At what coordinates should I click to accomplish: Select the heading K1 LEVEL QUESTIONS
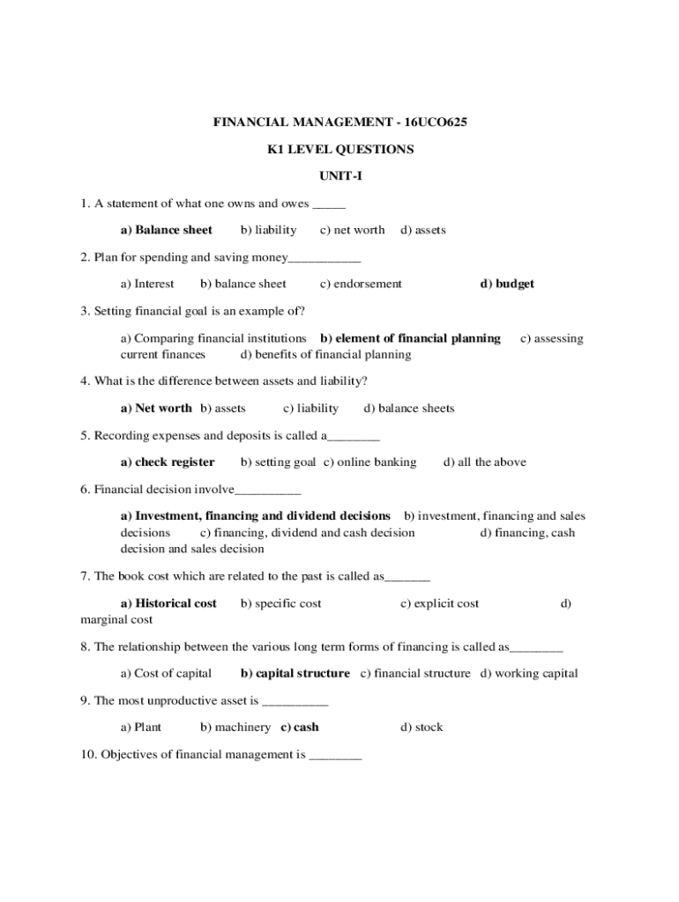pyautogui.click(x=340, y=150)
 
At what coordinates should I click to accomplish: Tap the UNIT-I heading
pyautogui.click(x=340, y=176)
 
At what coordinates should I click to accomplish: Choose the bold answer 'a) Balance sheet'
pyautogui.click(x=167, y=230)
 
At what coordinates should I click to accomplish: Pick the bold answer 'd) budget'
pyautogui.click(x=507, y=284)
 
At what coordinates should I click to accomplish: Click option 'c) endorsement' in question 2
pyautogui.click(x=361, y=284)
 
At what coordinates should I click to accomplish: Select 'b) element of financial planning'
pyautogui.click(x=410, y=338)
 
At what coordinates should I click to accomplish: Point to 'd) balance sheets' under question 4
pyautogui.click(x=409, y=408)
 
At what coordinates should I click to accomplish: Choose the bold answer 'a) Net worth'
pyautogui.click(x=156, y=408)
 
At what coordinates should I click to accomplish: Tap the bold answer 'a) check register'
pyautogui.click(x=168, y=462)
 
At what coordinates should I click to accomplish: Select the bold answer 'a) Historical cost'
pyautogui.click(x=168, y=603)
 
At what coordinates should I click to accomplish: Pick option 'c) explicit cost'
pyautogui.click(x=440, y=603)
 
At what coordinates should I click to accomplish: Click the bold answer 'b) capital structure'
pyautogui.click(x=295, y=673)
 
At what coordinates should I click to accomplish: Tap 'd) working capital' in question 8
pyautogui.click(x=529, y=673)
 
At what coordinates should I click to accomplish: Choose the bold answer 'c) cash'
pyautogui.click(x=300, y=727)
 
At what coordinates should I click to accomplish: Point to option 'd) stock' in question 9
pyautogui.click(x=422, y=727)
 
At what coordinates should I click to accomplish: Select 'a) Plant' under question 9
pyautogui.click(x=141, y=727)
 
